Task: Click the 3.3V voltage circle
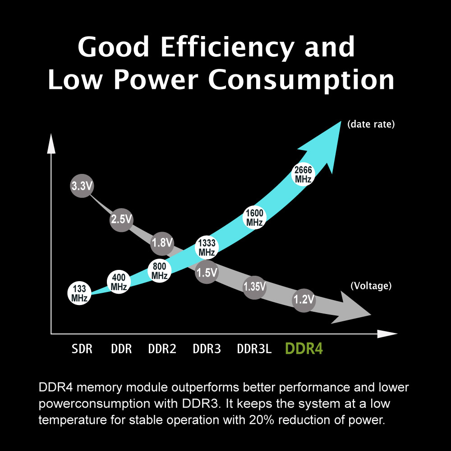coord(82,186)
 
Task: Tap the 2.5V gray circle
coord(121,219)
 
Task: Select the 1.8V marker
coord(162,243)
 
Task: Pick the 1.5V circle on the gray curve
coord(207,272)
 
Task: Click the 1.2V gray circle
coord(304,300)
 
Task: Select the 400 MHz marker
coord(119,282)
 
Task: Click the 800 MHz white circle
coord(160,271)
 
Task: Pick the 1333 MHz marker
coord(207,248)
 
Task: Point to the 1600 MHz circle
coord(255,218)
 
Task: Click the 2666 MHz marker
coord(303,174)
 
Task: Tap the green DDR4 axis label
coord(304,349)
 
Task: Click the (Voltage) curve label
coord(371,286)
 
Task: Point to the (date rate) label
coord(371,124)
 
